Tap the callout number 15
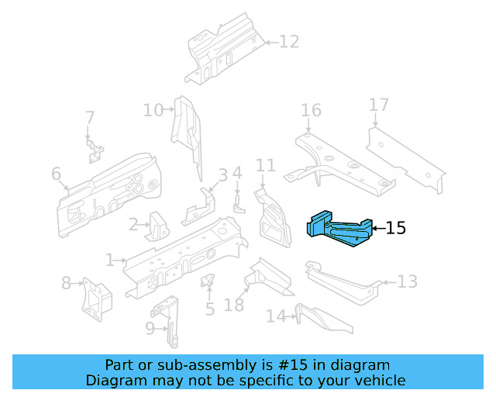(394, 228)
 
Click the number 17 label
(378, 105)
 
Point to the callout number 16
(311, 110)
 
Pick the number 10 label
(153, 110)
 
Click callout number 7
(90, 118)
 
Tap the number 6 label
(56, 174)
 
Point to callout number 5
(209, 310)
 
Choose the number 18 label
(233, 306)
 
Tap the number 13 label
(407, 281)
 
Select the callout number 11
(266, 165)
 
